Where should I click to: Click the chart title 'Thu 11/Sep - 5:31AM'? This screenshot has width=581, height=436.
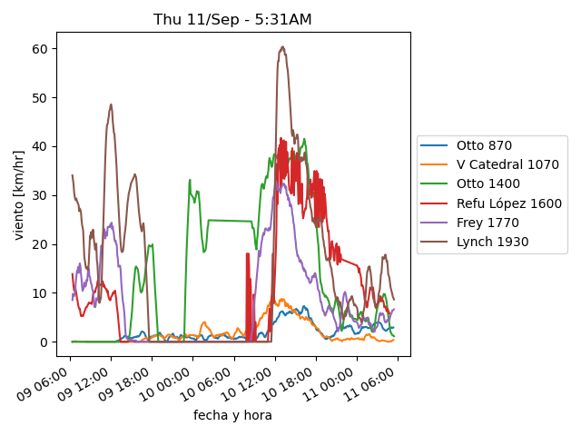232,20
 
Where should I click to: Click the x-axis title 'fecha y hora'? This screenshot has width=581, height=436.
232,415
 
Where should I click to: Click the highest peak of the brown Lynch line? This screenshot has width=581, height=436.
282,46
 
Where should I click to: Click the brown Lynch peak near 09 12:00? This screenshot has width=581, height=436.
111,104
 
